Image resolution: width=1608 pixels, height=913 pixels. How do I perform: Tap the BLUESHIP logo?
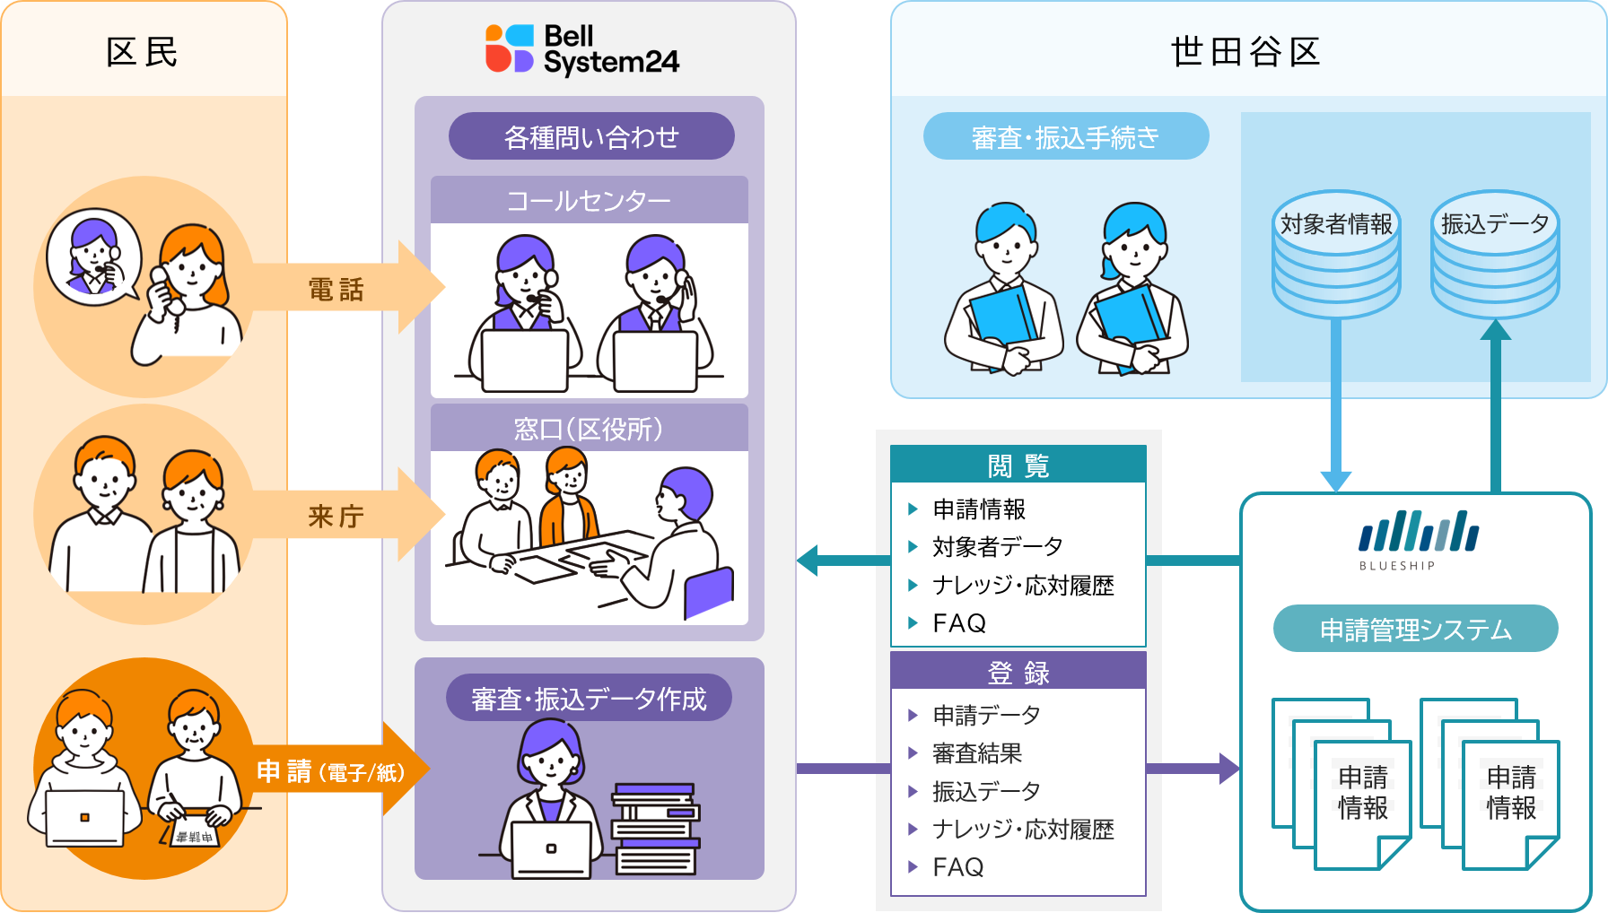[x=1418, y=539]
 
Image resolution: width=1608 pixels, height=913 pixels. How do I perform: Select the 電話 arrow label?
[x=336, y=289]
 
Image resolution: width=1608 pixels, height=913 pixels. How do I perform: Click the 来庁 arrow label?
[x=336, y=516]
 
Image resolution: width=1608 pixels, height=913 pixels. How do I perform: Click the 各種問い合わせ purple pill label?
[x=591, y=136]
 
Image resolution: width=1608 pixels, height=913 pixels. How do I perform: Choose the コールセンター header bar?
[x=589, y=200]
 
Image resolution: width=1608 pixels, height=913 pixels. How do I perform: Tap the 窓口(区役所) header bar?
[x=589, y=429]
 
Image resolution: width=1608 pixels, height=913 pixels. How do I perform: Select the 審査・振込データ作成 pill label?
[x=589, y=698]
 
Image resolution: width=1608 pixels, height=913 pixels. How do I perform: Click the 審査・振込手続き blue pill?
[x=1066, y=136]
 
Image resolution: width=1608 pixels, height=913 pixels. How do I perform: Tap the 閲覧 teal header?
[x=1018, y=465]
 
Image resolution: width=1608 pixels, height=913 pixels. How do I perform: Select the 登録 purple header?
[x=1018, y=671]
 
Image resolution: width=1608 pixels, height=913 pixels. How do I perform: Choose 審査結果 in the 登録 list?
[x=977, y=753]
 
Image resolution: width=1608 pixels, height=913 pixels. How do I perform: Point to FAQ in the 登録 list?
[x=958, y=866]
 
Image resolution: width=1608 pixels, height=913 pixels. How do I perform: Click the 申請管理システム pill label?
[x=1415, y=629]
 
